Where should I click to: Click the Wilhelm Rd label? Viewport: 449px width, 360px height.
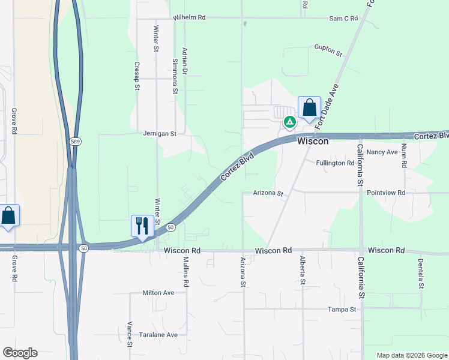point(189,18)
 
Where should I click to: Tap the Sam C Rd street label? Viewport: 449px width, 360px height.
point(343,19)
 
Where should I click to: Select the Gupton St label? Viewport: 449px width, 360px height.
point(328,50)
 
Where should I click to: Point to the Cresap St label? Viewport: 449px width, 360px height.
point(137,76)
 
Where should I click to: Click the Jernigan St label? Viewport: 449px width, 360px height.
point(160,134)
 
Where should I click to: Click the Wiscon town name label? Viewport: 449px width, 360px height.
point(313,141)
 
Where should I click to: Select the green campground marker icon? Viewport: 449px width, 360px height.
point(289,122)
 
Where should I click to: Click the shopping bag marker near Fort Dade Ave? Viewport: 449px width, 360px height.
point(309,108)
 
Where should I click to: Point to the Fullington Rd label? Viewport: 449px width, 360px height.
point(336,163)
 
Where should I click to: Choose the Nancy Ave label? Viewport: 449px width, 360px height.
point(382,152)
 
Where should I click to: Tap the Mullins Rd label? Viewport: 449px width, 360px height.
point(186,271)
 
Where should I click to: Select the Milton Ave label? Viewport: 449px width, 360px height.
point(158,293)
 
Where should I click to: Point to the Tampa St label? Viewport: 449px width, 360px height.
point(342,310)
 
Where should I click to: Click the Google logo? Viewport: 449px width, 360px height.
point(20,353)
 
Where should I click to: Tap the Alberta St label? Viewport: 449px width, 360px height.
point(302,271)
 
